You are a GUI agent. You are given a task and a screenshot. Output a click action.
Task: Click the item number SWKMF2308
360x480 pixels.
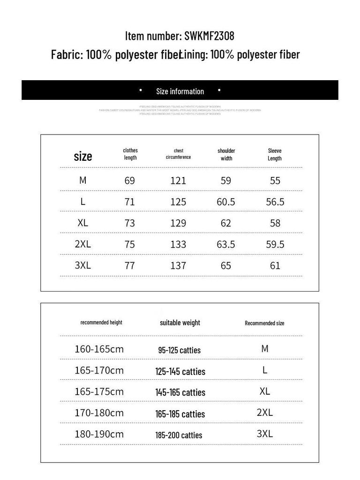click(x=209, y=36)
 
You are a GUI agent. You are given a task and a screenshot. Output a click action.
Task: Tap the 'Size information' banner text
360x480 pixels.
click(x=180, y=91)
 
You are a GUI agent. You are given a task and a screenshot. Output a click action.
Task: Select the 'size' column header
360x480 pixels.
click(x=83, y=156)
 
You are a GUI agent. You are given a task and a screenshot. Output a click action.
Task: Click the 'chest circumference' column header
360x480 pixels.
click(x=178, y=154)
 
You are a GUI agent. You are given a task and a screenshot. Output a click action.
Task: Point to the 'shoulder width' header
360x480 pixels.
click(x=226, y=154)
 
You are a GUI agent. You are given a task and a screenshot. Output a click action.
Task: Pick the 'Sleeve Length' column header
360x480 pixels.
click(x=275, y=154)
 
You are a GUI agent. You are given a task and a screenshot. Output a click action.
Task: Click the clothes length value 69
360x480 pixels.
click(x=130, y=180)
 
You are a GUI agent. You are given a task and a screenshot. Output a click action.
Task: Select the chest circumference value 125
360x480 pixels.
click(x=178, y=202)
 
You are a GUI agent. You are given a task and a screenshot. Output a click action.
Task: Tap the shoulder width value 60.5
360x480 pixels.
click(x=226, y=202)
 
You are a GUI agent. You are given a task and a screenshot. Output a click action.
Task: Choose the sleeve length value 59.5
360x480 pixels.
click(x=275, y=244)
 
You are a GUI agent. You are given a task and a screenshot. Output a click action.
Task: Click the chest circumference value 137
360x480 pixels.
click(x=178, y=265)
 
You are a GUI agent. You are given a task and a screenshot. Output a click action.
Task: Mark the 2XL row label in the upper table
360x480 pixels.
click(x=83, y=244)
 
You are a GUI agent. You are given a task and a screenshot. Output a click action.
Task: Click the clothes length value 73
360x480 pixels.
click(x=130, y=223)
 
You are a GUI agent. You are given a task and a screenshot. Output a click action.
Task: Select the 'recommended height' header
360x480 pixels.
click(x=101, y=322)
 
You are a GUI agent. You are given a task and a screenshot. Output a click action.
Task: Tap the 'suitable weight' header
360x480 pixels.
click(x=180, y=322)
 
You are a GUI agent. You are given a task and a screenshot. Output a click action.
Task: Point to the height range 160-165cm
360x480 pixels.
click(x=99, y=349)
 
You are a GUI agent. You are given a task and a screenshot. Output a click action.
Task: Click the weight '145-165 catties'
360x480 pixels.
click(x=180, y=392)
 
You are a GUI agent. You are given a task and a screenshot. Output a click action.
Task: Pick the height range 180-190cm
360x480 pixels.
click(x=99, y=434)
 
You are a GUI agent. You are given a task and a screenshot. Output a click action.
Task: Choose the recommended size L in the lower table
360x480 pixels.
click(x=265, y=370)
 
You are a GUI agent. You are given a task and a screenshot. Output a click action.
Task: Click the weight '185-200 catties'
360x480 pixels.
click(x=179, y=435)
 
